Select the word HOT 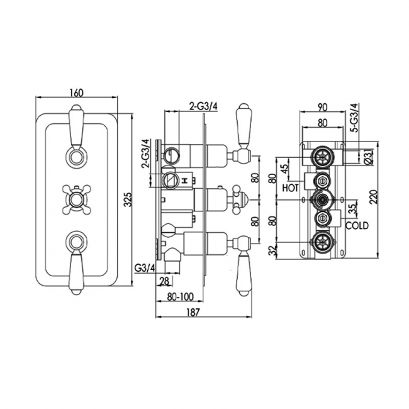[x=290, y=188]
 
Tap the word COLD [x=356, y=225]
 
